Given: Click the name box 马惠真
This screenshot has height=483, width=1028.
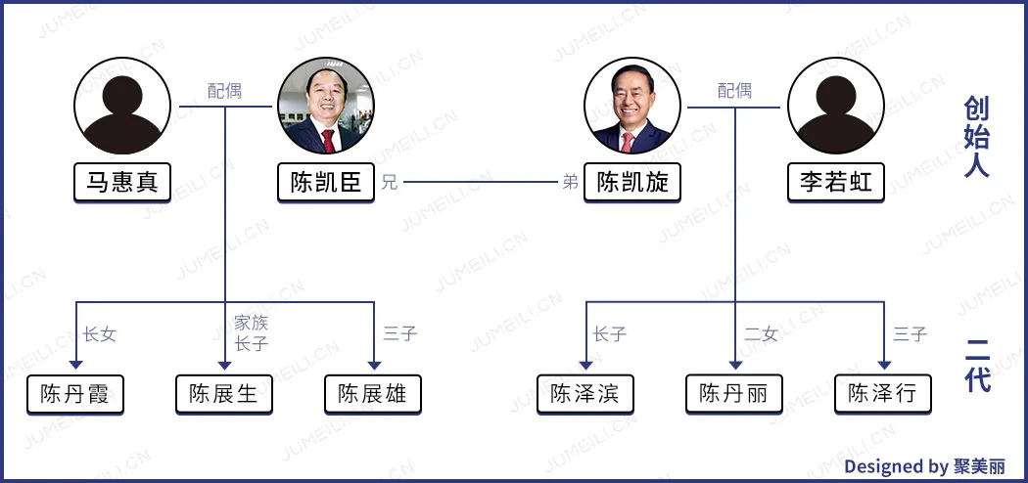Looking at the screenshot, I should pos(122,183).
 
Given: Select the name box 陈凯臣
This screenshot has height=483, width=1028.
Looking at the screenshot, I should pos(326,183).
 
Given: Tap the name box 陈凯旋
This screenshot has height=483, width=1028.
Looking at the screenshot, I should pos(631,183).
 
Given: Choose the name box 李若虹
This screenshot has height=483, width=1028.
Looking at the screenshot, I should pos(836,183).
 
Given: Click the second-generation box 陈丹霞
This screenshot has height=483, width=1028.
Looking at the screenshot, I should pos(75,394).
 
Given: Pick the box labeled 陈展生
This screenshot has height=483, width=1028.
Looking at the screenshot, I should pos(224,394).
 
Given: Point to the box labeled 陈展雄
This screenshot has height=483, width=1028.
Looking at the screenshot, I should pos(373,394).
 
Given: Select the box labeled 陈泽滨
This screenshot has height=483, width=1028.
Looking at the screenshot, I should pos(585,394).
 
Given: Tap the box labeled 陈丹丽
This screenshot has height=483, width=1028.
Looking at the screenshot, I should pos(734,394).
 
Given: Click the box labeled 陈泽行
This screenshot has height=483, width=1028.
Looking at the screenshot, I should pos(883,394).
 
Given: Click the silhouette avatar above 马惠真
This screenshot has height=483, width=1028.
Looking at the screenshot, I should pos(122,106).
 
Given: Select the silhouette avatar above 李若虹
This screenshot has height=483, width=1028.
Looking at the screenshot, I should pos(836,106).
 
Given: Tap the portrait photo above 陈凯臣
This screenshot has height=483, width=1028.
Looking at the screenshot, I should pos(325,106).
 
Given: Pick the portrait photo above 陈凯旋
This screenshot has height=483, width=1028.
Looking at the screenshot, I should pos(631,106).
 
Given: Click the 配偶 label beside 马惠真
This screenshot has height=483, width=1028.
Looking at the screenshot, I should pos(224,91).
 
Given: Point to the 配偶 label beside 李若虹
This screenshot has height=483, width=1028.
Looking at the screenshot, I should pos(734,91).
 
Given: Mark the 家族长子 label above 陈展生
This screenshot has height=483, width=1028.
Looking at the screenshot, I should pos(252,332).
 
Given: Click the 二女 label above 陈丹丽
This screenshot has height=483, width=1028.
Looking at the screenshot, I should pos(761,334).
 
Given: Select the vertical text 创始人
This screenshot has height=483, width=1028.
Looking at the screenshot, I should pos(976,137).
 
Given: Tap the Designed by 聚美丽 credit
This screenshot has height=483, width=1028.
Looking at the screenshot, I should pos(923,466).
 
